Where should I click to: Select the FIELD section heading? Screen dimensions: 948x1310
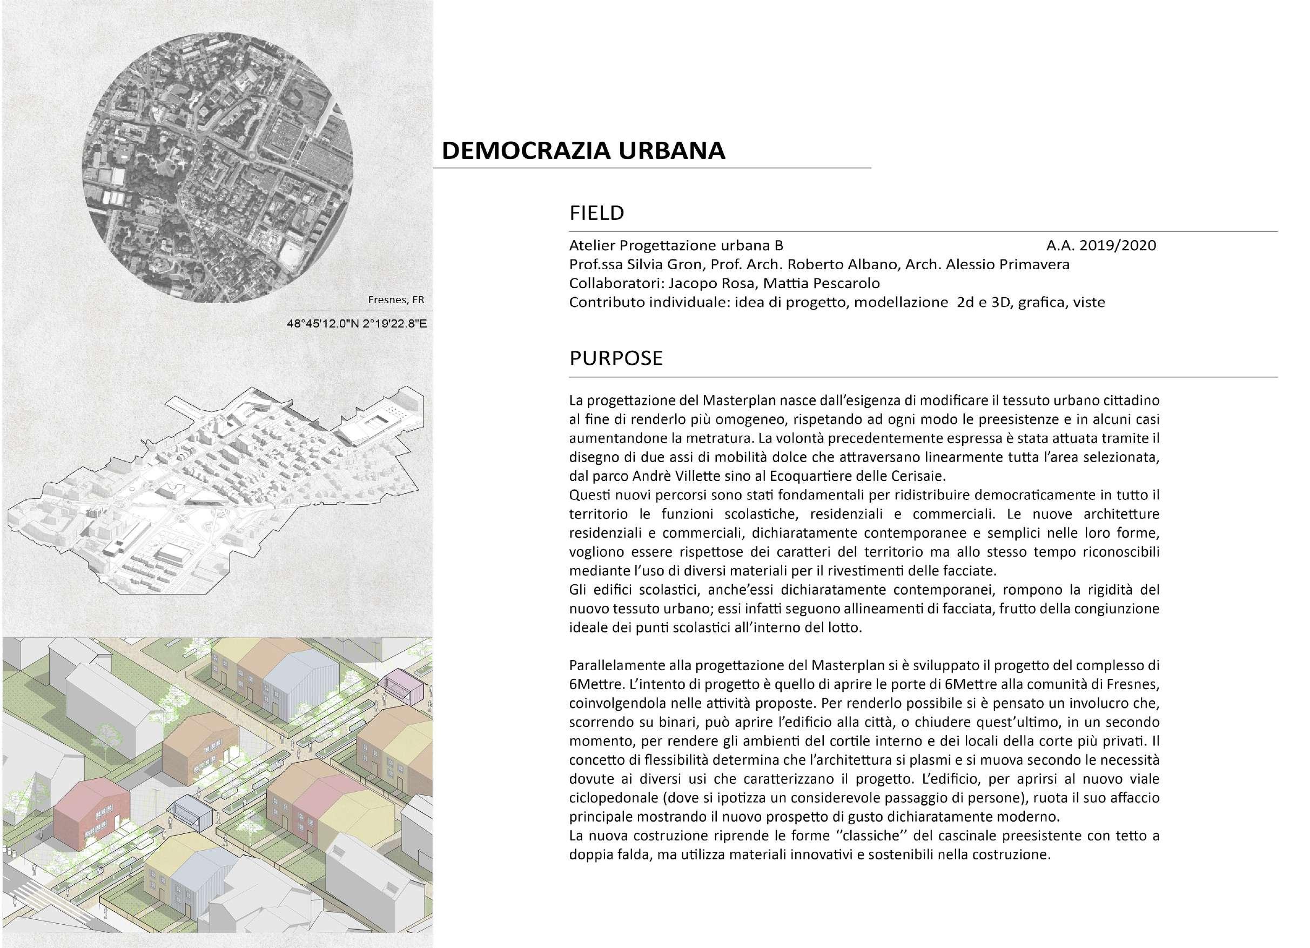coord(597,213)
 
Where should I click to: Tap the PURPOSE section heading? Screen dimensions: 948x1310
coord(616,358)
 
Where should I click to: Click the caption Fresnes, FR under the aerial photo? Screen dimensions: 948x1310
coord(395,300)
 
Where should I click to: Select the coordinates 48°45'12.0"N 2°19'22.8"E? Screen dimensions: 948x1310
coord(357,324)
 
